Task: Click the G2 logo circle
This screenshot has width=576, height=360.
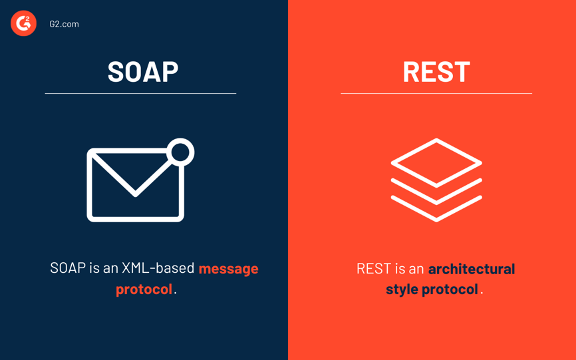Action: pyautogui.click(x=23, y=23)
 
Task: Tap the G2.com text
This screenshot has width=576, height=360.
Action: pyautogui.click(x=64, y=24)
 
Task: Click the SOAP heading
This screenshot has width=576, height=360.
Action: pyautogui.click(x=143, y=71)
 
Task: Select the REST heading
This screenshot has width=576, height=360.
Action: pyautogui.click(x=436, y=71)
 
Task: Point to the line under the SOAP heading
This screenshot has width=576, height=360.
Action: pyautogui.click(x=140, y=94)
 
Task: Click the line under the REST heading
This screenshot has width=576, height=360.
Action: pyautogui.click(x=436, y=94)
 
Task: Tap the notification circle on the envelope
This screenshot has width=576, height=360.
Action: pyautogui.click(x=180, y=152)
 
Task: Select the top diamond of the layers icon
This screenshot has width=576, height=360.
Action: pyautogui.click(x=436, y=162)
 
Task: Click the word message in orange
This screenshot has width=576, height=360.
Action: pyautogui.click(x=228, y=268)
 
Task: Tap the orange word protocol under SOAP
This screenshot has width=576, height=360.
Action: pyautogui.click(x=144, y=289)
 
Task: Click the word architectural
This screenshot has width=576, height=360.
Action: pyautogui.click(x=471, y=269)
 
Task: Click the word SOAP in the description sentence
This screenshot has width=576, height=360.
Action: pyautogui.click(x=68, y=268)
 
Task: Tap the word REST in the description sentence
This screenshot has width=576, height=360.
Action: pyautogui.click(x=374, y=269)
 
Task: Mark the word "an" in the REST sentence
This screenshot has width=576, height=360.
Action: pyautogui.click(x=416, y=269)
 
